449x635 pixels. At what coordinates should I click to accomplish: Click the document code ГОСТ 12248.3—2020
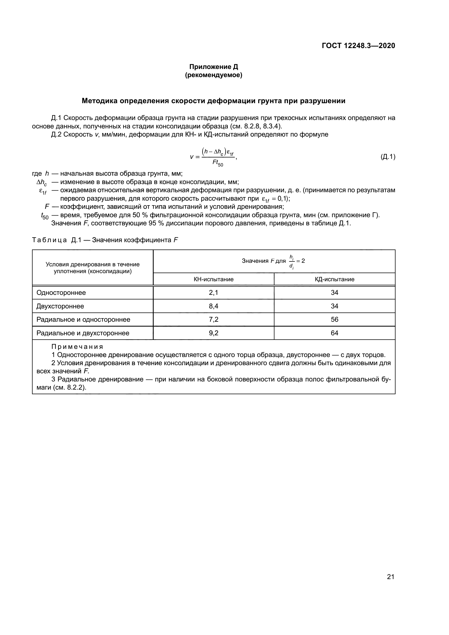click(x=358, y=46)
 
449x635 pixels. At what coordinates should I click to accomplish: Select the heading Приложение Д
click(x=213, y=67)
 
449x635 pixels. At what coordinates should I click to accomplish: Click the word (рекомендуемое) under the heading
click(x=213, y=75)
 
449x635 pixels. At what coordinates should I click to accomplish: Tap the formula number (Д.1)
click(x=388, y=157)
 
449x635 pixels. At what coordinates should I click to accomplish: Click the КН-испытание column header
click(x=213, y=279)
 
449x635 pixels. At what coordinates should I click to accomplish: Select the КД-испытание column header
click(x=334, y=279)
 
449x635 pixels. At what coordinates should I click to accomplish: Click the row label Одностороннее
click(x=61, y=293)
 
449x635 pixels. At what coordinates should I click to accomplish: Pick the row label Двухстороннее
click(x=60, y=306)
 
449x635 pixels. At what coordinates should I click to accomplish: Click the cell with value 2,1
click(x=213, y=293)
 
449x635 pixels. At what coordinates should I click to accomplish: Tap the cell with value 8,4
click(x=213, y=306)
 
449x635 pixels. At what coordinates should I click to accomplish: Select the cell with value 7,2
click(x=213, y=320)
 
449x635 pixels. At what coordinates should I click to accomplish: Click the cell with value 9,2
click(x=213, y=333)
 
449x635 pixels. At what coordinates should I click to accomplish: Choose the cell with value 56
click(x=334, y=320)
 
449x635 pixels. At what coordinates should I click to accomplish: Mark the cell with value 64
click(x=334, y=333)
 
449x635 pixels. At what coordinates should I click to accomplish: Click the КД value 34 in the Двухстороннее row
click(x=334, y=306)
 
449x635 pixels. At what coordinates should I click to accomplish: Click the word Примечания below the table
click(x=77, y=347)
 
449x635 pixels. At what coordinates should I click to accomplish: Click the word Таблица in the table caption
click(x=49, y=240)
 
